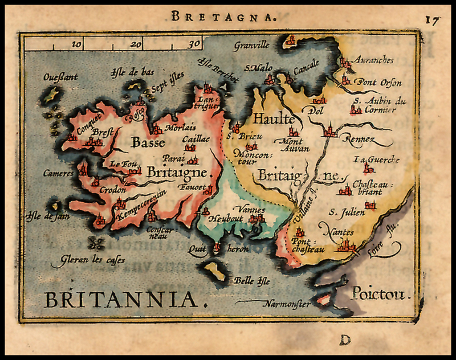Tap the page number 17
tap(432, 20)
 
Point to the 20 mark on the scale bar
tap(137, 44)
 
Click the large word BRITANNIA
tap(121, 300)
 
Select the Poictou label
tap(379, 294)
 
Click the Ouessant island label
tap(61, 77)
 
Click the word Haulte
tap(274, 119)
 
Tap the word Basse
tap(148, 143)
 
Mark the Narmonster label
tap(286, 305)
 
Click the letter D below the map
tap(345, 340)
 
